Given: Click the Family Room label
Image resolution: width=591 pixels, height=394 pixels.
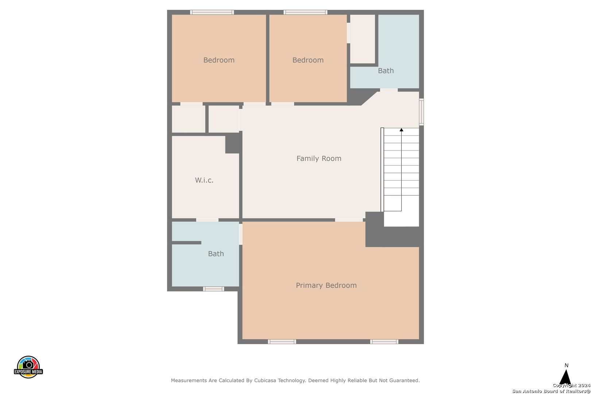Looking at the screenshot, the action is (x=319, y=158).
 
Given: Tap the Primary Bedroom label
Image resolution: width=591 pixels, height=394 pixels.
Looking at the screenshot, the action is (x=326, y=285).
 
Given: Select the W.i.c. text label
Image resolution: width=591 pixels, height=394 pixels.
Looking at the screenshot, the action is (x=204, y=180).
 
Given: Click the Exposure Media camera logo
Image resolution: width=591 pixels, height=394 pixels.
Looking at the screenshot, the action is (x=28, y=367).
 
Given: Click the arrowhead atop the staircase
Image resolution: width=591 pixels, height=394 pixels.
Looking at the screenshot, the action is (x=401, y=130).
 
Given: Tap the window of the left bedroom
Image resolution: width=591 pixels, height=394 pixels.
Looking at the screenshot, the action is (x=212, y=12).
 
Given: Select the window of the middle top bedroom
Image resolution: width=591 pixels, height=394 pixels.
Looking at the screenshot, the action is (x=305, y=12).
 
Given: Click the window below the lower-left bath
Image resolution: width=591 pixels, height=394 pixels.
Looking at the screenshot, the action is (x=213, y=289).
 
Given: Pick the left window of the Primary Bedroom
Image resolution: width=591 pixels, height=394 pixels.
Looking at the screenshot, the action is (x=282, y=342).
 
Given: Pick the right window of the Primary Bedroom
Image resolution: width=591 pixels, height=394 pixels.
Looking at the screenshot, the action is (x=384, y=342).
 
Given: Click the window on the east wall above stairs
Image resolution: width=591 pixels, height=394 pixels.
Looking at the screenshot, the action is (x=422, y=112).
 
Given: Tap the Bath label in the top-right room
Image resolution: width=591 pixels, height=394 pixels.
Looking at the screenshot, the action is (x=386, y=71).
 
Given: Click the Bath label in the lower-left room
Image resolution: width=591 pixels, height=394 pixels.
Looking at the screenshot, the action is (x=216, y=254).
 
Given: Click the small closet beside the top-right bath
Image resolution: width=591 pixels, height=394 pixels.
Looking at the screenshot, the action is (x=363, y=39).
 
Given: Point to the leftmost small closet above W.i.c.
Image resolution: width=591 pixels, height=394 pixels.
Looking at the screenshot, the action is (x=188, y=119).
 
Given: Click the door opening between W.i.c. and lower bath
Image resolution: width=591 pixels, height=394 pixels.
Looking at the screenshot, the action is (x=207, y=220).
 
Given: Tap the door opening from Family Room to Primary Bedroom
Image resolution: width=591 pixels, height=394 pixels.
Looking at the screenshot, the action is (x=349, y=220).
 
